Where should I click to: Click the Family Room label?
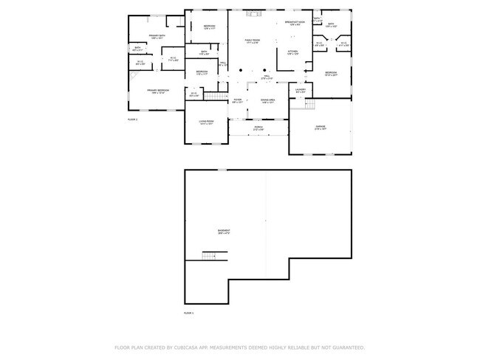(253, 41)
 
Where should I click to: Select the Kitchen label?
(292, 52)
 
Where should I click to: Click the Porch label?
(258, 127)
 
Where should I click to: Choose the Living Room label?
(205, 122)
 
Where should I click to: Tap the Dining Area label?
(267, 100)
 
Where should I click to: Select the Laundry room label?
(301, 91)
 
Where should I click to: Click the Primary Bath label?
(157, 36)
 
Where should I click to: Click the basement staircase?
(213, 256)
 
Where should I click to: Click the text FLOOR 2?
(133, 118)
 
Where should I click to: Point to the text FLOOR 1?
(189, 314)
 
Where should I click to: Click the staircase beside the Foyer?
(214, 97)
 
